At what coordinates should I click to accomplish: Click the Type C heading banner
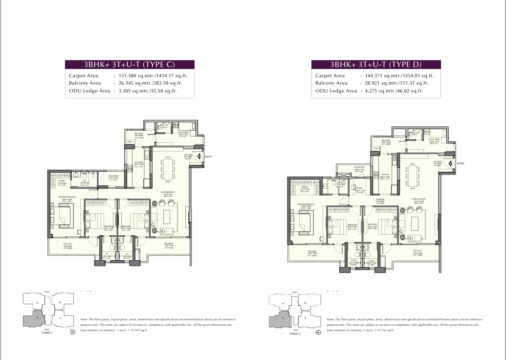130,65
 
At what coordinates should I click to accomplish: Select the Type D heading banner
376,65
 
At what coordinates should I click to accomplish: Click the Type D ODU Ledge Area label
336,91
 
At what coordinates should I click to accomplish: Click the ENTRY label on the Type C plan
208,157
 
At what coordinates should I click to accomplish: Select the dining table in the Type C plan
167,169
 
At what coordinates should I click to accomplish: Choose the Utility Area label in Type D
434,141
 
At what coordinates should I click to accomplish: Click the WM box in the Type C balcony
130,142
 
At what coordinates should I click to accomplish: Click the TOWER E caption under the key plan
294,334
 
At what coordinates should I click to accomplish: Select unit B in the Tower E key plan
306,303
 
